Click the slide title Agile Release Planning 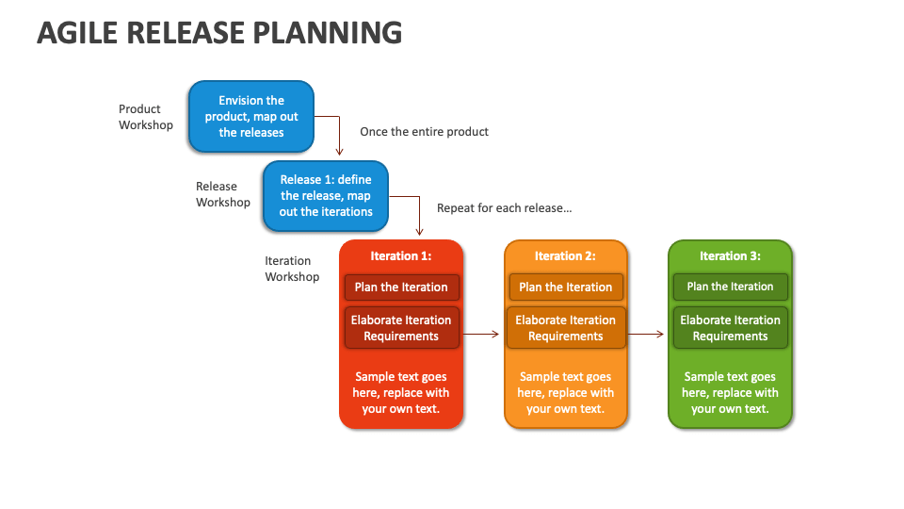219,33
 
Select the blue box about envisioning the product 251,117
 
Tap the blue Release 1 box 326,196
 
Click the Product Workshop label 146,117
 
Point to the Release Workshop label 223,194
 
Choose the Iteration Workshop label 292,269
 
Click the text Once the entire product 424,132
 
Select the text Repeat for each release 505,207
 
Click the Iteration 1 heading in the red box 401,255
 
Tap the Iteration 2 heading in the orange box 565,255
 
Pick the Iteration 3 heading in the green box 730,255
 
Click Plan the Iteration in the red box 401,287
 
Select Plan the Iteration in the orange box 566,287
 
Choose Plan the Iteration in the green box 730,287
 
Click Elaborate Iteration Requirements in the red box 401,328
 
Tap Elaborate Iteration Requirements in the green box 730,328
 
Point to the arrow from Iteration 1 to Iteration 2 481,334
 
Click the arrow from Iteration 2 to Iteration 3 646,334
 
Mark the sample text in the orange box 566,392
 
